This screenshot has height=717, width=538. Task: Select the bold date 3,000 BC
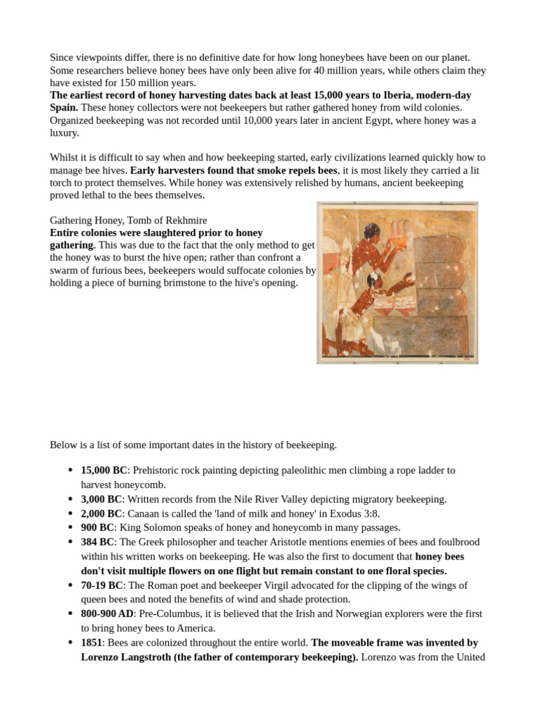coord(101,499)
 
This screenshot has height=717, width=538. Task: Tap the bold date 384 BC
coord(97,542)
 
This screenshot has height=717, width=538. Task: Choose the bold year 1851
coord(92,642)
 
